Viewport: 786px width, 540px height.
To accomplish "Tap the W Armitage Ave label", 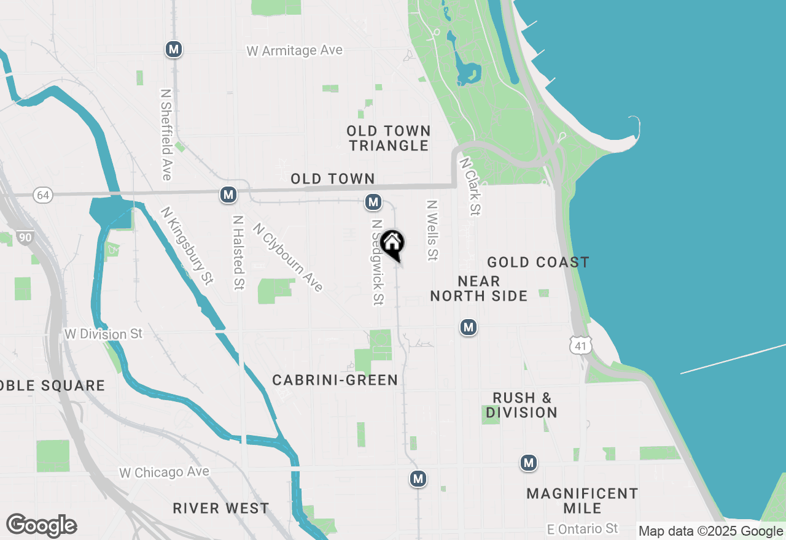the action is point(294,51).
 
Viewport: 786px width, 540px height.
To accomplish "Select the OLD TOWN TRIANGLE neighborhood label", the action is point(388,138).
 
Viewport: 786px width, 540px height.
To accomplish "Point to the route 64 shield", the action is point(43,195).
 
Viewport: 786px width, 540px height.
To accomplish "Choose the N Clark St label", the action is point(470,187).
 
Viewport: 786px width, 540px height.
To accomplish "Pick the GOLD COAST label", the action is point(538,263).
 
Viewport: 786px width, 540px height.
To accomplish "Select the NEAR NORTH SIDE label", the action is point(478,288).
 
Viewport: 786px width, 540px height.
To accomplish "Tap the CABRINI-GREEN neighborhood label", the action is point(335,380).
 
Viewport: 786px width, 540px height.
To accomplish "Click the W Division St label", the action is point(103,334).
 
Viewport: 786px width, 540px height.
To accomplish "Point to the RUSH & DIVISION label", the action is point(521,405).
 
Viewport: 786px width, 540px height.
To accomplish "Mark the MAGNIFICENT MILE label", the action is point(582,501).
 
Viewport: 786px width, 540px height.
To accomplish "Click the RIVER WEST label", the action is point(220,508).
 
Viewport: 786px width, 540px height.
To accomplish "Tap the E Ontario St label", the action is point(583,528).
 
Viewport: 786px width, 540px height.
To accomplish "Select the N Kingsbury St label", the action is point(187,245).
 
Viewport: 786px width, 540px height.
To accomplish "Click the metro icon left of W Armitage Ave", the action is point(174,49).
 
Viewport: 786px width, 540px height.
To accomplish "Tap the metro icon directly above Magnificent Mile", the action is point(529,463).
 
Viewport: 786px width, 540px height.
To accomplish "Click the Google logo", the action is point(41,526).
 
